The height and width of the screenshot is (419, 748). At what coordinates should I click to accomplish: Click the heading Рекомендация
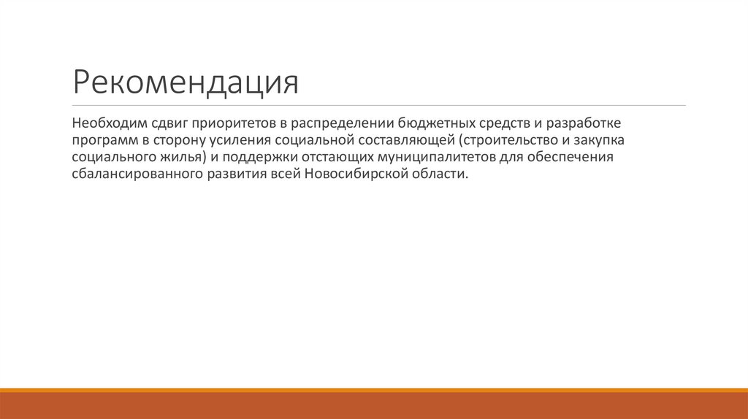click(x=186, y=82)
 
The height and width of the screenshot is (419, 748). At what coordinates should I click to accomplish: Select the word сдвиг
click(x=169, y=120)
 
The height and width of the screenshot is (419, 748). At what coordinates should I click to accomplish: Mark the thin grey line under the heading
click(x=379, y=106)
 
